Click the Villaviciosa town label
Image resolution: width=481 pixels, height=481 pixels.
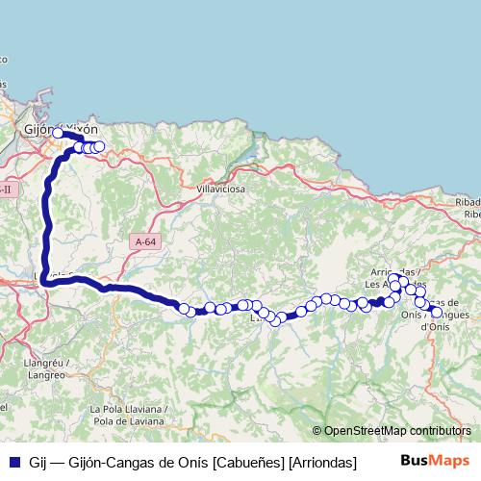(x=221, y=190)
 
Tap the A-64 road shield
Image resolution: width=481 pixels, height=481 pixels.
(x=145, y=242)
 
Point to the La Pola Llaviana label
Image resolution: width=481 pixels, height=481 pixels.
(x=127, y=408)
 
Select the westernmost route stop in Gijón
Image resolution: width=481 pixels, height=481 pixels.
(x=58, y=134)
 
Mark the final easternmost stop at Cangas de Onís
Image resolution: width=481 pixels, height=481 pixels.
(x=437, y=312)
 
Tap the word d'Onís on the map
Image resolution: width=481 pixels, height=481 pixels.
(x=435, y=327)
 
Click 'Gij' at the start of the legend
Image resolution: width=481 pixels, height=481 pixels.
(x=38, y=464)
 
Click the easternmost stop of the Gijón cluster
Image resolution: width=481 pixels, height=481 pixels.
(x=99, y=147)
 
